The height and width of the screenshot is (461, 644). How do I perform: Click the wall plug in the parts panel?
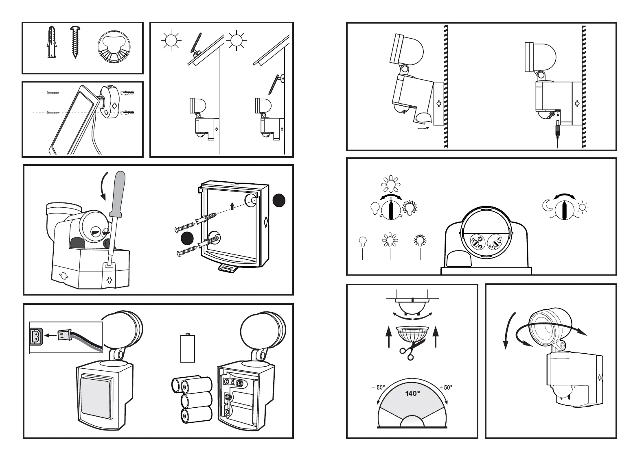tap(52, 42)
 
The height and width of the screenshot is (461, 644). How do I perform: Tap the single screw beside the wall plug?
tap(75, 43)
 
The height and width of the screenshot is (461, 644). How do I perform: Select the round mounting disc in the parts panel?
tap(114, 47)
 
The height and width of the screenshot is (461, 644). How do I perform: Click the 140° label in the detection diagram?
tap(412, 393)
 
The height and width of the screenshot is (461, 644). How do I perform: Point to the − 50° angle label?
tap(378, 387)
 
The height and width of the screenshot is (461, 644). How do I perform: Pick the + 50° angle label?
tap(446, 387)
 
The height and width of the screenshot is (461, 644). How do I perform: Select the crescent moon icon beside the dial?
tap(548, 205)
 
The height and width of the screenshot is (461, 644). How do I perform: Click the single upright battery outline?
tap(188, 348)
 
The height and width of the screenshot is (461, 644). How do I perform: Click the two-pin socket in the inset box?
tap(37, 336)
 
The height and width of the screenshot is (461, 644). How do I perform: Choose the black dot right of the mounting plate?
tap(279, 200)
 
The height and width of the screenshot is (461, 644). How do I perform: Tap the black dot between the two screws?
tap(187, 238)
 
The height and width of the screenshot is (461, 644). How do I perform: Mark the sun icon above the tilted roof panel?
tap(171, 40)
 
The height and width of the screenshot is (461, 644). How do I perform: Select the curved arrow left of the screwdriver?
tap(104, 186)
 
